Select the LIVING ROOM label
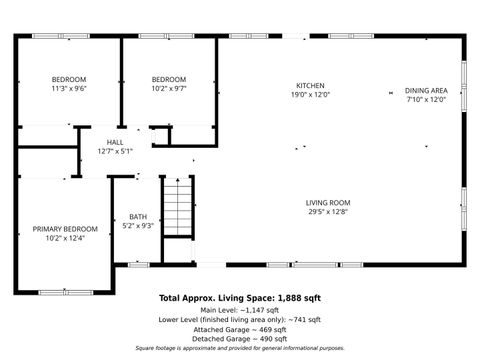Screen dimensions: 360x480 [x=328, y=203]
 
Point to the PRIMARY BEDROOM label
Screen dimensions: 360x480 [x=59, y=229]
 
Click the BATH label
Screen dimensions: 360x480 [x=137, y=217]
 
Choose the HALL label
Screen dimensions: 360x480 [x=114, y=142]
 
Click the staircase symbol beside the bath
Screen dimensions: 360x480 [x=176, y=208]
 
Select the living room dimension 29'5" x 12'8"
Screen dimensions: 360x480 [x=328, y=212]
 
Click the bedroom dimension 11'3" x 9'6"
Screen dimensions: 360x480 [x=70, y=89]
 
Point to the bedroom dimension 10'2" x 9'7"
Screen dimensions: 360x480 [x=169, y=89]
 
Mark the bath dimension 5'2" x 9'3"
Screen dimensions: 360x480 [x=137, y=226]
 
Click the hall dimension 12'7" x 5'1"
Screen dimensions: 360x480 [x=114, y=151]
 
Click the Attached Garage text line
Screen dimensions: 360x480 [x=240, y=329]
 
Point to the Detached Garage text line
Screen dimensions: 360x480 [x=240, y=339]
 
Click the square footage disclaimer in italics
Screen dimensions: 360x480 [x=240, y=349]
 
